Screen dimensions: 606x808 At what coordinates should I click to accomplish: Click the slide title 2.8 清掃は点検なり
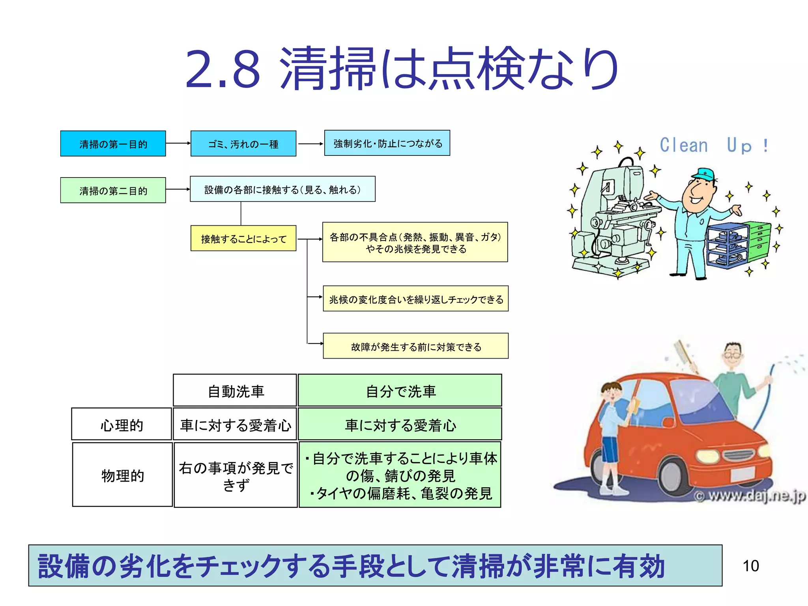coord(402,68)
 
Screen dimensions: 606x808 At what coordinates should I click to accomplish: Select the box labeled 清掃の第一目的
coord(113,144)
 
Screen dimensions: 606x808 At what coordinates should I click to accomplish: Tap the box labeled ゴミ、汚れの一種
coord(243,144)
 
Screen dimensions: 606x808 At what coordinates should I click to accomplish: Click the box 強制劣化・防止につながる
coord(387,143)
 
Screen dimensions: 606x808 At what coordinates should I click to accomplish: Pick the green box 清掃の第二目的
coord(113,190)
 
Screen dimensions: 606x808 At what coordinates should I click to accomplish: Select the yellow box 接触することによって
coord(243,238)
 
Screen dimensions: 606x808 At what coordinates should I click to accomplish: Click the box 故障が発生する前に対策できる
coord(415,346)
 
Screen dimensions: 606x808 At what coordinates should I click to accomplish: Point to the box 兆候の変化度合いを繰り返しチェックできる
coord(415,299)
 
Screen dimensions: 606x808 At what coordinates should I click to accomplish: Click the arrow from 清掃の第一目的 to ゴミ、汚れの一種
coord(178,143)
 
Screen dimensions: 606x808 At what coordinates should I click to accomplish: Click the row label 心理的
coord(122,424)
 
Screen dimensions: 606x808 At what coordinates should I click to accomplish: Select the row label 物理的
coord(122,475)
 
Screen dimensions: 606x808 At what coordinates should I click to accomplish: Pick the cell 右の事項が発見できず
coord(236,475)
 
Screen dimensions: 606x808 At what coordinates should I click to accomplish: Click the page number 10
coord(750,566)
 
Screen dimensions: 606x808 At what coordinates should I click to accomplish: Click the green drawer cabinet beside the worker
coord(759,241)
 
